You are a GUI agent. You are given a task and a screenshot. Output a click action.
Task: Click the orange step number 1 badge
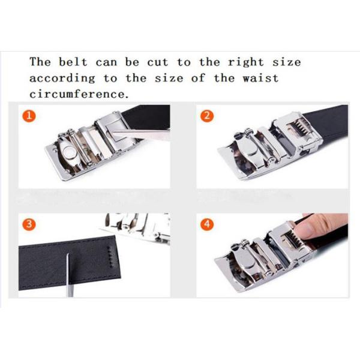(29, 116)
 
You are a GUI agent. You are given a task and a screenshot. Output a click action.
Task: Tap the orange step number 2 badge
(207, 116)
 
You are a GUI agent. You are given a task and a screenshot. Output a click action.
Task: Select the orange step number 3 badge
(29, 224)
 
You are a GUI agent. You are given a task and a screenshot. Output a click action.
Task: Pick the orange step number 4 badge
(207, 224)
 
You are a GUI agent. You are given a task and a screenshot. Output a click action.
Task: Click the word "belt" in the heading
(73, 62)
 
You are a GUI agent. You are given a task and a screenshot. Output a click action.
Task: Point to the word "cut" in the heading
(158, 62)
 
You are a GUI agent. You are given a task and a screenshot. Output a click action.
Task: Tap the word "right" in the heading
(245, 62)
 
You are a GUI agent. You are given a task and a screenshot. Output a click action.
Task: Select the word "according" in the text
(62, 79)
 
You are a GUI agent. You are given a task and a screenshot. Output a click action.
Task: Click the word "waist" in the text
(261, 78)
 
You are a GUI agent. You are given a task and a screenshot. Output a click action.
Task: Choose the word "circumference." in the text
(79, 94)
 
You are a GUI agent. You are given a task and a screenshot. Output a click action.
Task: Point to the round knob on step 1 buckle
(68, 152)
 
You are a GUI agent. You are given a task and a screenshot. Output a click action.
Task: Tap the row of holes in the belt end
(110, 256)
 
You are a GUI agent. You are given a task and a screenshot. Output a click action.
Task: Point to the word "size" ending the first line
(287, 62)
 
